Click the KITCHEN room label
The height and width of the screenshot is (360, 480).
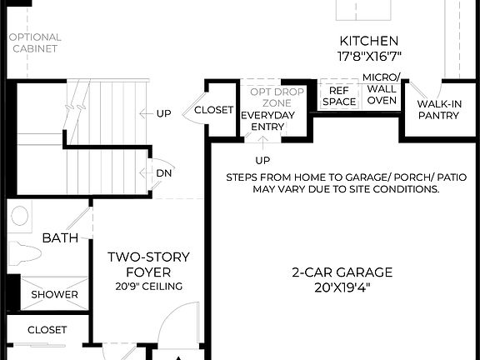click(368, 41)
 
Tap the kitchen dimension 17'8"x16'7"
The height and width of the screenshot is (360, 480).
click(368, 57)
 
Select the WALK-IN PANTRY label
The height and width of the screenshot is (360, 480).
click(438, 109)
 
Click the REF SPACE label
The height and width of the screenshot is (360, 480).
click(339, 96)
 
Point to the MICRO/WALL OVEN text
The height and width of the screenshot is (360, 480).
click(382, 89)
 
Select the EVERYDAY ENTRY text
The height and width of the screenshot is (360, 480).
click(262, 121)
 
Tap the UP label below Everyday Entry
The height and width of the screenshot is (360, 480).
click(262, 160)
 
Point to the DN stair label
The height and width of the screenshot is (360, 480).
click(163, 173)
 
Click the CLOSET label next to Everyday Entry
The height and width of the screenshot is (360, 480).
click(213, 110)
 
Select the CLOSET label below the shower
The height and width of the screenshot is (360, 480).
click(47, 330)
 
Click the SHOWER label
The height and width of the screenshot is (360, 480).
click(55, 294)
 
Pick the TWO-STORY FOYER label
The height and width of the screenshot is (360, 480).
click(149, 264)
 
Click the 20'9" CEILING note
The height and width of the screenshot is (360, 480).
click(149, 287)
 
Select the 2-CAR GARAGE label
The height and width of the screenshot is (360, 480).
click(342, 272)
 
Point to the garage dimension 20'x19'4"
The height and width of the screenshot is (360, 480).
click(342, 287)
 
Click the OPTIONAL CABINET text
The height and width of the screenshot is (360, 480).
click(35, 42)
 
